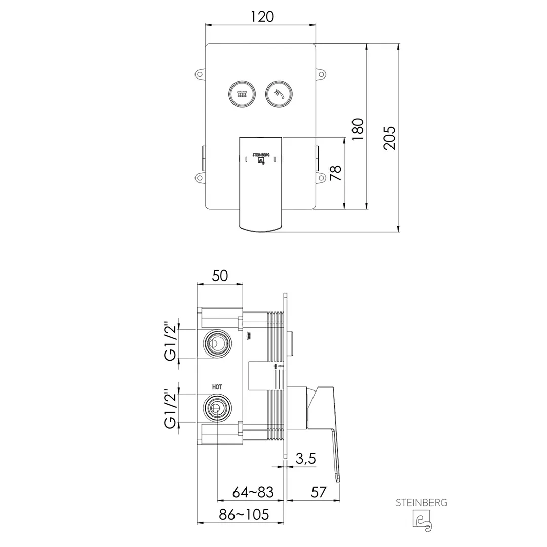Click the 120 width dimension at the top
click(x=262, y=17)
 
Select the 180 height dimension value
click(x=358, y=129)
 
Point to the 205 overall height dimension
click(x=389, y=138)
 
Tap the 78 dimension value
click(x=336, y=173)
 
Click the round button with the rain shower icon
click(x=242, y=94)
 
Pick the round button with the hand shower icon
click(x=279, y=94)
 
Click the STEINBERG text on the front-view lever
click(x=261, y=154)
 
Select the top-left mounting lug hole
click(x=199, y=74)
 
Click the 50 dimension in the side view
click(x=220, y=276)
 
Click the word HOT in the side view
click(x=217, y=387)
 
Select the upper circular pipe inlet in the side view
click(x=217, y=343)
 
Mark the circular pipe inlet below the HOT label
click(x=217, y=408)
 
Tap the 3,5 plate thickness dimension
click(x=305, y=459)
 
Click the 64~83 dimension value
click(x=253, y=492)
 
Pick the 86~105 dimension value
click(x=244, y=514)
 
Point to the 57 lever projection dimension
click(x=319, y=492)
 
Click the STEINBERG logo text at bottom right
click(x=421, y=503)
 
